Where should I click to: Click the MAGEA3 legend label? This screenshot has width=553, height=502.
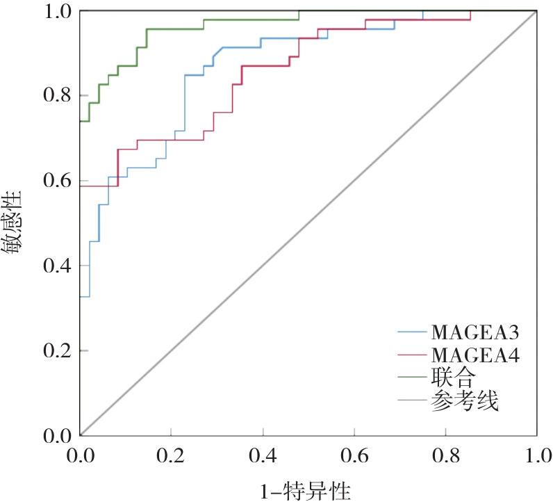[475, 330]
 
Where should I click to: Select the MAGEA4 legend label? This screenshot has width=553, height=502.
[475, 355]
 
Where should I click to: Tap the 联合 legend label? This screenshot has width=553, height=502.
[453, 378]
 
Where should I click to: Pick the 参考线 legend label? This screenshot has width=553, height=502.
[464, 400]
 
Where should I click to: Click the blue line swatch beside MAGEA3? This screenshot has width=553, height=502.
[412, 331]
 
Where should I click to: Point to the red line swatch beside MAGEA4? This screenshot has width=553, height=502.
[412, 355]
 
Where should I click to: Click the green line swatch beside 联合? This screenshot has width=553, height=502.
[412, 378]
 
